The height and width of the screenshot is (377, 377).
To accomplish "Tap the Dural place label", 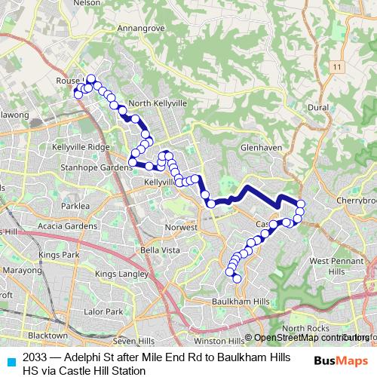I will click(x=318, y=108).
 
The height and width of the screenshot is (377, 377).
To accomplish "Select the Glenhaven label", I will click(x=260, y=149).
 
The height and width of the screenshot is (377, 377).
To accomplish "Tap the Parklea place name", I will click(x=75, y=205).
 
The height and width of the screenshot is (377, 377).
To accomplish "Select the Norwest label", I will click(x=182, y=227).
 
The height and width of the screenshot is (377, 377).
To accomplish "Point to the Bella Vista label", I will click(x=160, y=250).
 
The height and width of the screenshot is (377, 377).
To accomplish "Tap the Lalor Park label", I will click(x=103, y=311).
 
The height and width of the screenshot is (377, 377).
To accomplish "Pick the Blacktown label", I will click(x=48, y=335).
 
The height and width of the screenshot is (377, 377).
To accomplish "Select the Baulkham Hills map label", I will click(x=239, y=302).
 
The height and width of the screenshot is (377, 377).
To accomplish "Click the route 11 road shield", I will click(x=336, y=68).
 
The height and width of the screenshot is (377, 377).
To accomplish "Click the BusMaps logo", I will click(x=340, y=360).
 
